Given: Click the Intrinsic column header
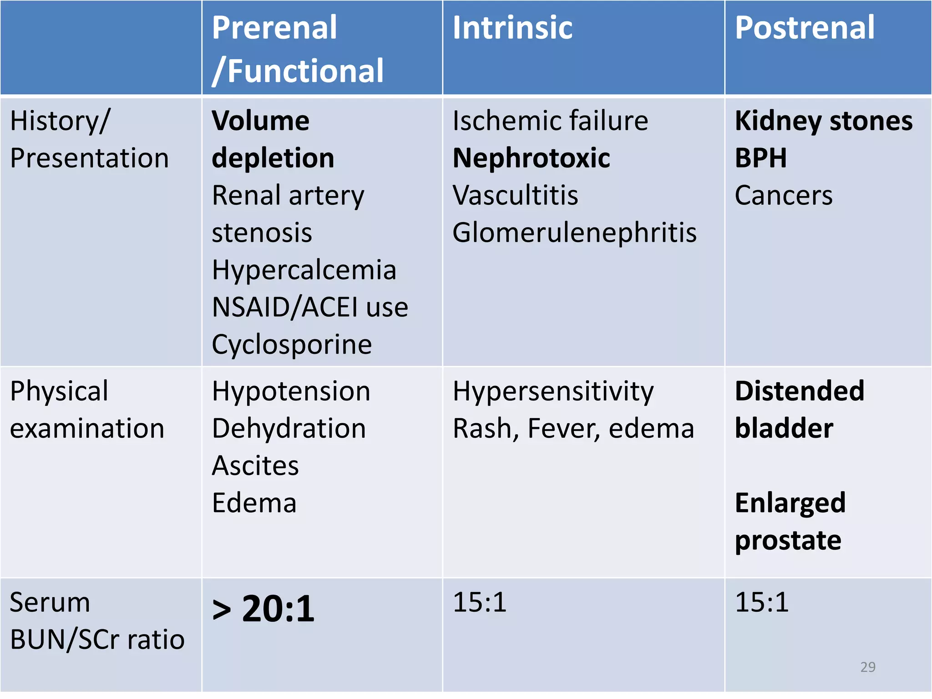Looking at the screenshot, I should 512,28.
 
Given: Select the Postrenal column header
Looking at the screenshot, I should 805,28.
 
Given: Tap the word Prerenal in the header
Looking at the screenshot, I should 274,28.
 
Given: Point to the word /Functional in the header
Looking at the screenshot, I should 299,71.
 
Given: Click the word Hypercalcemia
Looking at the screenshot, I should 304,270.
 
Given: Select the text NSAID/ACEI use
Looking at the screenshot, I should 310,308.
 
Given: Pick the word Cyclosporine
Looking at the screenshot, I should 292,345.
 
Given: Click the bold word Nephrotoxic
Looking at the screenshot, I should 531,158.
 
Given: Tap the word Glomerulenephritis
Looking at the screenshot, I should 574,233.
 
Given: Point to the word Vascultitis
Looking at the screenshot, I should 515,196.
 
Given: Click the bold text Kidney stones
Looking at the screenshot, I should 824,121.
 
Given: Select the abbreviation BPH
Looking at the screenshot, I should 760,158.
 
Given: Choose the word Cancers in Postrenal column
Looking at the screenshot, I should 784,196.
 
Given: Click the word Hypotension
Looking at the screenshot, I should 291,391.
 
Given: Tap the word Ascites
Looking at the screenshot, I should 255,466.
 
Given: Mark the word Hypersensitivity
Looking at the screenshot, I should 553,391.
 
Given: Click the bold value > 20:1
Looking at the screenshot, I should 263,609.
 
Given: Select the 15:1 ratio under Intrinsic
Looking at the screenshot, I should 480,603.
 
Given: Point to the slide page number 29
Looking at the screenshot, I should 868,667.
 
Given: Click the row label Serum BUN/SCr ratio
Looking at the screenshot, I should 97,621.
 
